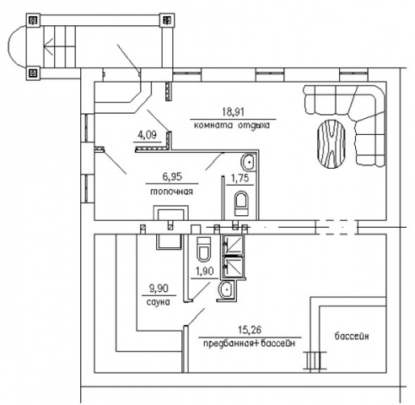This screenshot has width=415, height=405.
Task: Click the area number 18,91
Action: [233, 112]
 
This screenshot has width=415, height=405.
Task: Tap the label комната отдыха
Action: [232, 125]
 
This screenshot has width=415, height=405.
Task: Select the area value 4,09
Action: [147, 135]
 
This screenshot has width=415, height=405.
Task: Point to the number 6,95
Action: [172, 176]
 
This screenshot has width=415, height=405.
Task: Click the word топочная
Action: [172, 192]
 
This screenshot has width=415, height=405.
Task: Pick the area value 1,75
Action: [240, 178]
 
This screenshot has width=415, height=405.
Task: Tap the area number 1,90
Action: [204, 272]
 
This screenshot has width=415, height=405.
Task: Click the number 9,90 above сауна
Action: [159, 289]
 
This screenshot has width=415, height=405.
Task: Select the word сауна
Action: [159, 302]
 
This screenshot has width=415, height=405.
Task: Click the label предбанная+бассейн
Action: [249, 343]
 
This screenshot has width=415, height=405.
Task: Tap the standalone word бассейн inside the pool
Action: [352, 336]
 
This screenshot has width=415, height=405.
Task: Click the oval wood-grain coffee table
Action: [331, 143]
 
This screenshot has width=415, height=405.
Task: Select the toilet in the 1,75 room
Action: [241, 203]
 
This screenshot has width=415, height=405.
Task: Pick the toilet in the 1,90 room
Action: [204, 249]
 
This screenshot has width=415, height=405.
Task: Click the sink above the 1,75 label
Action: [248, 162]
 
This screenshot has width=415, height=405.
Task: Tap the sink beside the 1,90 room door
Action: [226, 289]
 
